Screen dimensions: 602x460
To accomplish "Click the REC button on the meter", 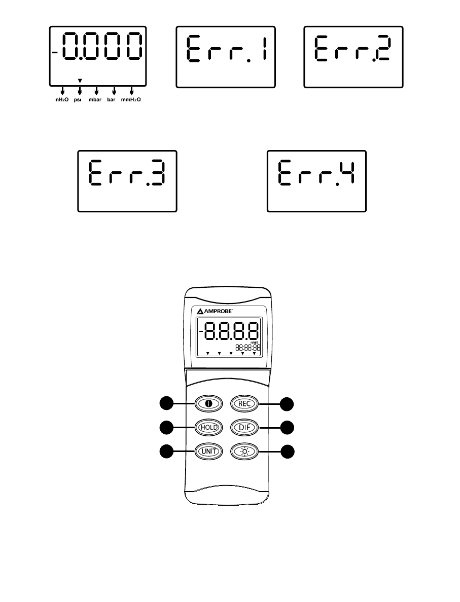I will click(245, 403).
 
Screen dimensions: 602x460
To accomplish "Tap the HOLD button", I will click(208, 427).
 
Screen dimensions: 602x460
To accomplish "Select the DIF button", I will click(245, 427).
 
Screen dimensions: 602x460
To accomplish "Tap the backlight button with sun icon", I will click(245, 450).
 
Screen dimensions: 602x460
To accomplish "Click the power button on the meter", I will click(208, 404).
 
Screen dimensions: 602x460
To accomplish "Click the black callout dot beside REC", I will click(288, 403).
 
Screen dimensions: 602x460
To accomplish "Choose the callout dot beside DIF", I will click(288, 427).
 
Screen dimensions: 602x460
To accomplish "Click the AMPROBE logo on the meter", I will click(220, 311).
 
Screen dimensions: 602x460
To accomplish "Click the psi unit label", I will click(79, 100).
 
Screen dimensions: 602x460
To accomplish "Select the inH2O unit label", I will click(61, 100).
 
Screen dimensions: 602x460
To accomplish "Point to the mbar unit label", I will click(96, 100).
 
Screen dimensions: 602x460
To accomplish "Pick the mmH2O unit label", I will click(131, 100).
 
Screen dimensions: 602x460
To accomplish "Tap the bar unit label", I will click(113, 100).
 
